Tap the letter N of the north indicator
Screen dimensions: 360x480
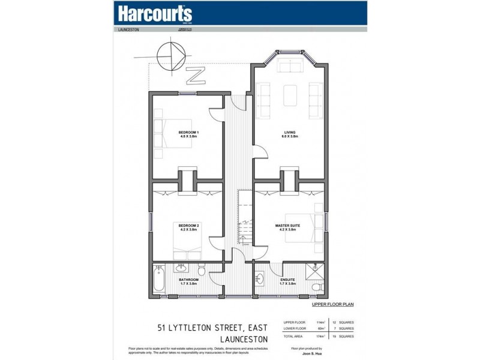pyautogui.click(x=195, y=76)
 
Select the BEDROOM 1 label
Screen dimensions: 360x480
pyautogui.click(x=188, y=133)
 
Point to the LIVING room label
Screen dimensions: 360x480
pyautogui.click(x=290, y=133)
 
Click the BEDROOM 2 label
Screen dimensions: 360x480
pyautogui.click(x=188, y=226)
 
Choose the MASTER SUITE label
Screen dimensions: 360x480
pyautogui.click(x=287, y=226)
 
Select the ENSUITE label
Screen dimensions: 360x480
pyautogui.click(x=288, y=280)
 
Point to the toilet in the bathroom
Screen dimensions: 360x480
pyautogui.click(x=203, y=274)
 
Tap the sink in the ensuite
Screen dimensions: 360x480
pyautogui.click(x=259, y=279)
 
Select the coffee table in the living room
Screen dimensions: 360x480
pyautogui.click(x=289, y=94)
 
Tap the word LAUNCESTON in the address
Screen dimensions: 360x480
pyautogui.click(x=239, y=340)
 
